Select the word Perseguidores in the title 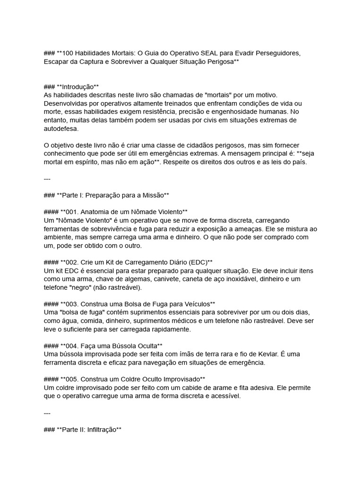point(277,53)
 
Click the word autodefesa point(61,129)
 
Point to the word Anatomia point(101,212)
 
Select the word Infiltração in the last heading point(99,430)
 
